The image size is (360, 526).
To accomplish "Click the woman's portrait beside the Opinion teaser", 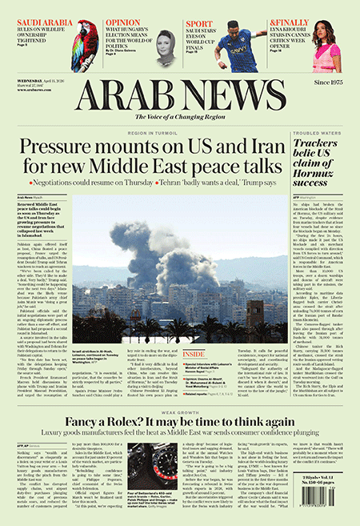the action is [166, 48].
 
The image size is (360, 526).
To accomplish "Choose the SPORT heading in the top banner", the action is [205, 23].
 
